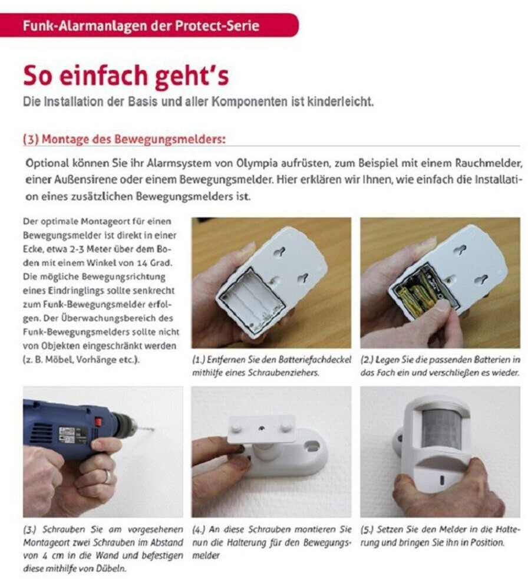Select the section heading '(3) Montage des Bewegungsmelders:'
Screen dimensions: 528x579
point(124,140)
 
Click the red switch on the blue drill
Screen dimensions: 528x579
point(98,421)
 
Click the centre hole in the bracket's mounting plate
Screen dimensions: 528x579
point(261,428)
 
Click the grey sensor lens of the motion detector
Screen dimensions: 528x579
point(441,429)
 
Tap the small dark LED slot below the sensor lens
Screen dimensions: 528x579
point(442,480)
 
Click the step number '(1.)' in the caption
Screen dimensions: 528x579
point(199,360)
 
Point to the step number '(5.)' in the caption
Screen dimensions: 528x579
point(367,529)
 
